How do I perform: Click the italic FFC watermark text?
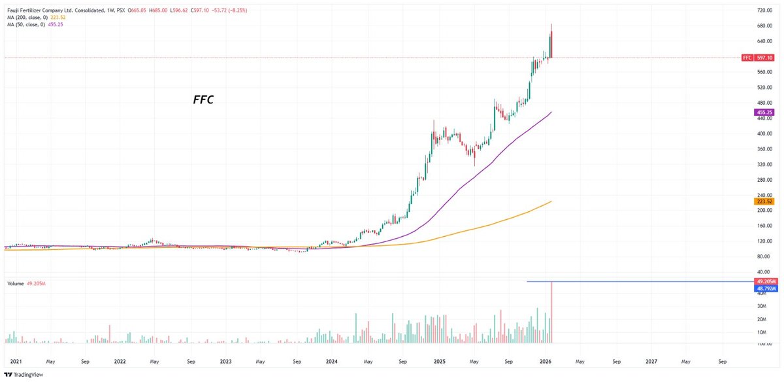click(204, 101)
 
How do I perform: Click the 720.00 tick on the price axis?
click(764, 11)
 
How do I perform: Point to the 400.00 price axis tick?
click(764, 133)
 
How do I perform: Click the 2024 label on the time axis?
click(332, 360)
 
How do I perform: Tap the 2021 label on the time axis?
click(16, 360)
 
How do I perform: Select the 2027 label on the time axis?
click(651, 360)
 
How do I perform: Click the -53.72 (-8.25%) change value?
click(229, 10)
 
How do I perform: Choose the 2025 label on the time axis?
click(439, 360)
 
